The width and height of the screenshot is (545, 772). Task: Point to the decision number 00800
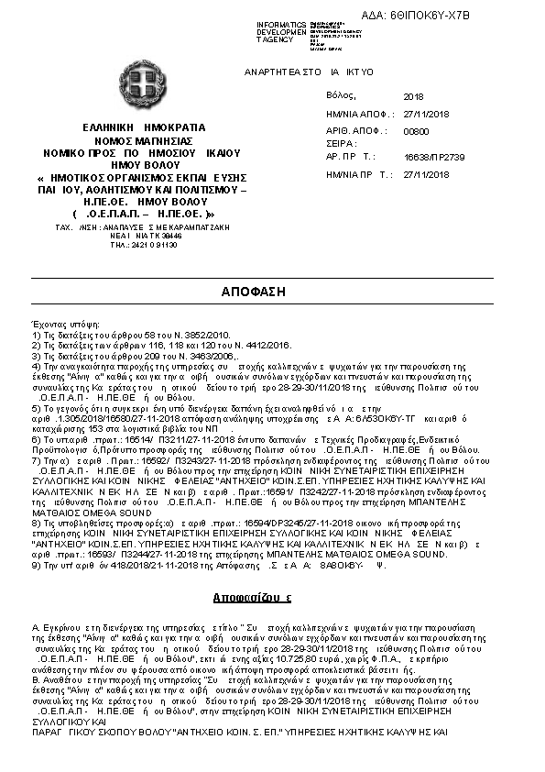tap(415, 131)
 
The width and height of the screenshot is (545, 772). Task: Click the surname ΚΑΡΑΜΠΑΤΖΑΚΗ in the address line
tap(195, 225)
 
